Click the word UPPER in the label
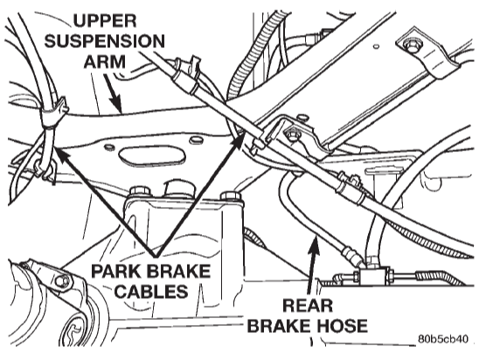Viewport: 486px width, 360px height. coord(105,21)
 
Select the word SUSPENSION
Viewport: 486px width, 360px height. coord(104,41)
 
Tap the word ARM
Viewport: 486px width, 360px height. coord(104,61)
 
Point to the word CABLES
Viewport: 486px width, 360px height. coord(151,291)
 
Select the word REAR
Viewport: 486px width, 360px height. coord(308,306)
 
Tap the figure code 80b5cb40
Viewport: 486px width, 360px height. coord(442,339)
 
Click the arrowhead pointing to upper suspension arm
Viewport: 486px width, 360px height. coord(115,105)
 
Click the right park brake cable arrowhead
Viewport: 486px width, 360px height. coord(239,141)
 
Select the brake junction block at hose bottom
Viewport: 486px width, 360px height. coord(371,275)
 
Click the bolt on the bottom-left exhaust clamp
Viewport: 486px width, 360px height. coord(61,281)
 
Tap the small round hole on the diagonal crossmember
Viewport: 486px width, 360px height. coord(376,46)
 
